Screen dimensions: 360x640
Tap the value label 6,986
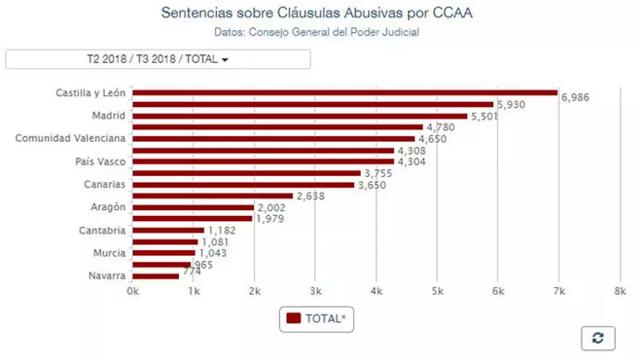coord(575,97)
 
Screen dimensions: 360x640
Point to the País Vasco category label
coord(100,161)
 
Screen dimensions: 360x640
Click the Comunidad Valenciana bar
coord(273,138)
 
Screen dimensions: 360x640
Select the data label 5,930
coord(512,105)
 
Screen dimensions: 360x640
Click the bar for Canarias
coord(243,185)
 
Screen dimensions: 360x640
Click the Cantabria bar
coord(168,231)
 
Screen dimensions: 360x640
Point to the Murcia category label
coord(109,253)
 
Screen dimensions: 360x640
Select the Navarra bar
coord(156,276)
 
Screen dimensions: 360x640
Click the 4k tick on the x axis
coord(375,291)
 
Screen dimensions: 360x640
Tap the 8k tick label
coord(619,291)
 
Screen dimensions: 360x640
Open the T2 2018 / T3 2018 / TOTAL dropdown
coord(158,60)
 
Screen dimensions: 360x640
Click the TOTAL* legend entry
coord(316,319)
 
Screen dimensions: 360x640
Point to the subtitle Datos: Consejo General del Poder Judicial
coord(317,32)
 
